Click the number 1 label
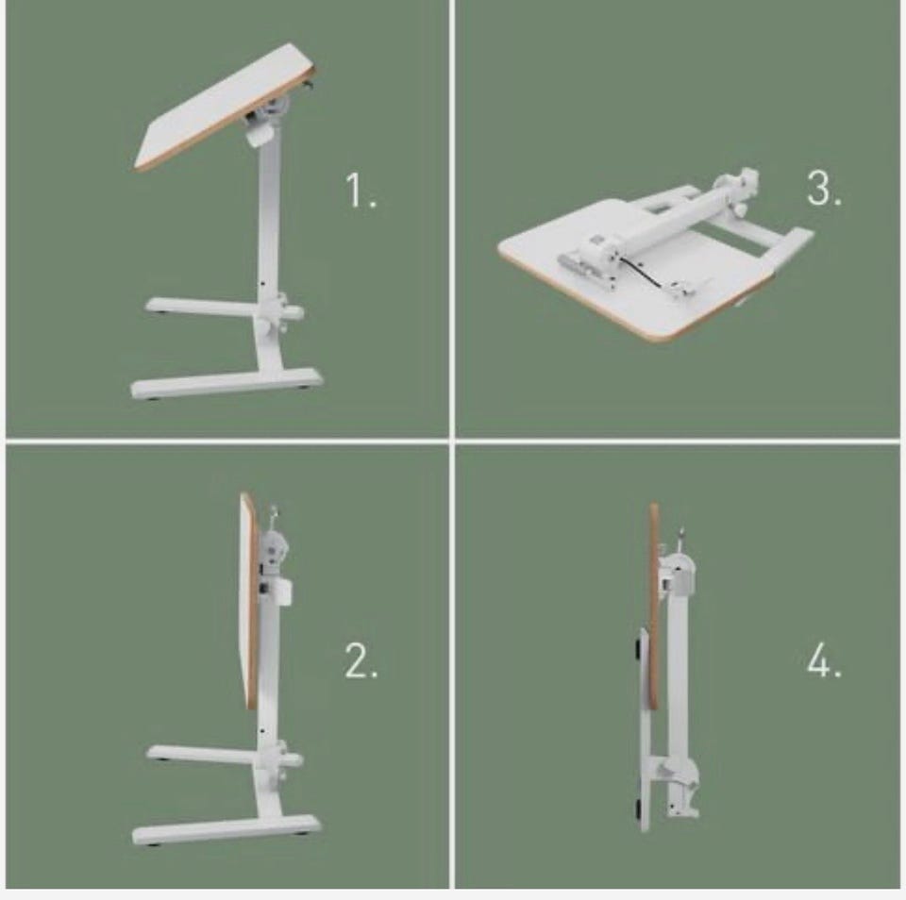[x=361, y=190]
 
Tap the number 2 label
[x=361, y=660]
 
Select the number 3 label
[x=824, y=189]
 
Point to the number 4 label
[x=824, y=659]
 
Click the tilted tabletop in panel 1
[x=226, y=107]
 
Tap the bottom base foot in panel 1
[x=226, y=383]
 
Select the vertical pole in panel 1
[x=269, y=225]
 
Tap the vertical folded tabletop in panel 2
[x=249, y=601]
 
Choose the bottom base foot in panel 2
[x=226, y=830]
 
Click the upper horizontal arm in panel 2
[x=225, y=755]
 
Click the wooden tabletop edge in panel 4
[x=655, y=607]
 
